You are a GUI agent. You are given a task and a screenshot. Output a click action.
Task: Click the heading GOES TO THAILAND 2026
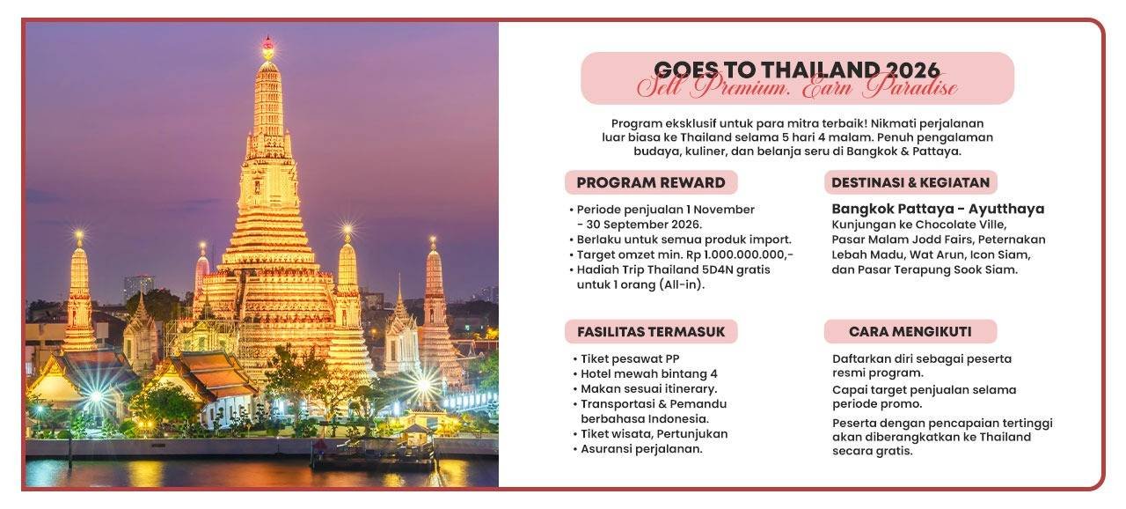(797, 70)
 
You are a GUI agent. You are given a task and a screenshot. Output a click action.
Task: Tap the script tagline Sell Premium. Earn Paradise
(797, 88)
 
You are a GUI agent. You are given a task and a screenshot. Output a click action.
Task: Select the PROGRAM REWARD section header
(651, 183)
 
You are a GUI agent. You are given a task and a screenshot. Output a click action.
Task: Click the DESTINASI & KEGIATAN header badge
(910, 183)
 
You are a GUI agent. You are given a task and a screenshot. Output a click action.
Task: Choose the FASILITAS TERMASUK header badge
(651, 332)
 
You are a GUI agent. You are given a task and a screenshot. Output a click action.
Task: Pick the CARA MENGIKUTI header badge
(910, 332)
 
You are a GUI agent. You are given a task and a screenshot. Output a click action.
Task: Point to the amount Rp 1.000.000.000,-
(749, 254)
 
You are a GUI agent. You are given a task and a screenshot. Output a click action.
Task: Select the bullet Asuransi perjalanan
(641, 449)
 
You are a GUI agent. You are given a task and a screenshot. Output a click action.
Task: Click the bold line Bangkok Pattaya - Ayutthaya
(938, 210)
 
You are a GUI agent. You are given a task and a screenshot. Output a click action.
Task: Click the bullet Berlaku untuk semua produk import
(684, 240)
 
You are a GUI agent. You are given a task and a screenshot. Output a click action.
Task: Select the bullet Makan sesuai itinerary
(648, 389)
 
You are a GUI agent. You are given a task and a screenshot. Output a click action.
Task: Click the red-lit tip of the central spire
(267, 41)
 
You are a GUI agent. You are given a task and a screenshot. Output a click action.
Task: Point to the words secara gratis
(873, 452)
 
